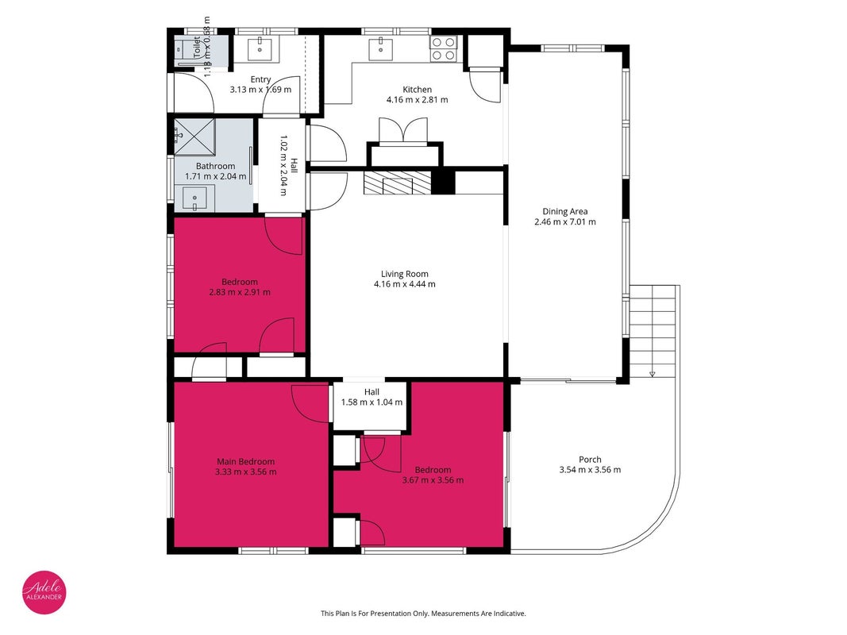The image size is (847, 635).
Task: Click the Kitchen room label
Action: (417, 90)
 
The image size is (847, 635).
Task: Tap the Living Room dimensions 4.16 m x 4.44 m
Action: (405, 284)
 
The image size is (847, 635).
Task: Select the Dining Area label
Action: (565, 212)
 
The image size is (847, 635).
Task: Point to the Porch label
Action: (590, 460)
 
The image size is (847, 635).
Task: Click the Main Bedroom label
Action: (246, 462)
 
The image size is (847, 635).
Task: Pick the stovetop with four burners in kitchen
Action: (444, 48)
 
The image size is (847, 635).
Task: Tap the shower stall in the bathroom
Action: (194, 137)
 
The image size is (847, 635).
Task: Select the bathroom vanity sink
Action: (194, 198)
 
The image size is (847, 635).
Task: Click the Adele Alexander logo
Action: (44, 592)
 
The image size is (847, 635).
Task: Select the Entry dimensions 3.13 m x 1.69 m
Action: (261, 90)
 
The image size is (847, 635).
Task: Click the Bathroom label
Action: (216, 167)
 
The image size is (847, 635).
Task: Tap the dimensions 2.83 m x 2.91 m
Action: (240, 292)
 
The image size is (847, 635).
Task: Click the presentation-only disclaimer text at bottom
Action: (424, 614)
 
